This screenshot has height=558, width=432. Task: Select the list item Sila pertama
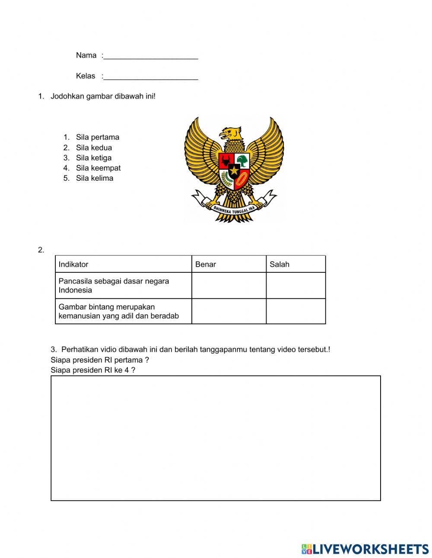coord(97,137)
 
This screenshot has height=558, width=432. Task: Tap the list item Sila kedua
coord(94,148)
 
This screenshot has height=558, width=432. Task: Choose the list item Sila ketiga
coord(93,158)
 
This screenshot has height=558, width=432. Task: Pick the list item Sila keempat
coord(98,168)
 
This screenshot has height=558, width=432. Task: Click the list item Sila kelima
coord(94,179)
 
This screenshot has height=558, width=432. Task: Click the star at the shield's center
coord(234,170)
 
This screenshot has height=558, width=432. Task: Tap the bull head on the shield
coord(226,161)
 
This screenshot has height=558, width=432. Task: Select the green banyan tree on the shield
coord(243,161)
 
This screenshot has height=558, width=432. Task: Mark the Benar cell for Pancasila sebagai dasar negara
coord(229,286)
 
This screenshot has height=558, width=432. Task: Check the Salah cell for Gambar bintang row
coord(295,311)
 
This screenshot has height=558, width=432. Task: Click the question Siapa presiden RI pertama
coord(100,360)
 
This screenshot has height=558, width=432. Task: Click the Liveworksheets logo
coord(365,549)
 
